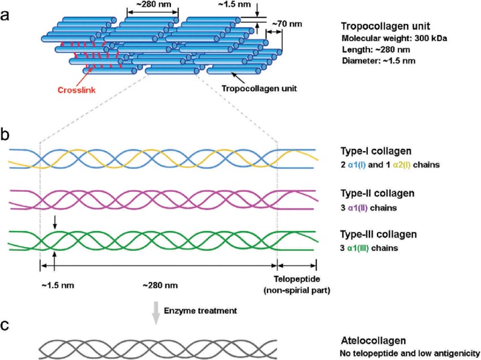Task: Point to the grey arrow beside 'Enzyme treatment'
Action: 156,313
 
